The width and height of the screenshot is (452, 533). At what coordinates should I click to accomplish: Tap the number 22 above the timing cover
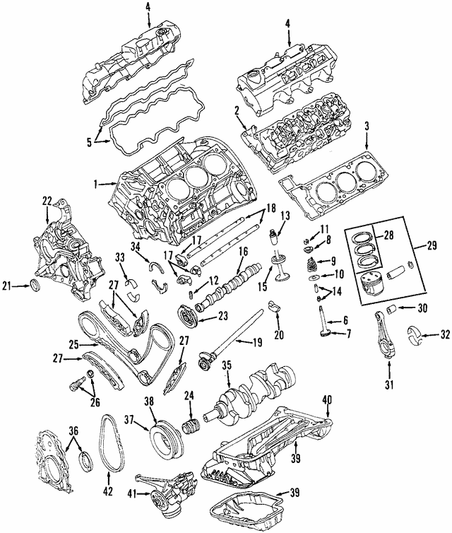click(x=47, y=201)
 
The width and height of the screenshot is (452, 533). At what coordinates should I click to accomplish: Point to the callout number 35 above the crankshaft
click(x=226, y=365)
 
